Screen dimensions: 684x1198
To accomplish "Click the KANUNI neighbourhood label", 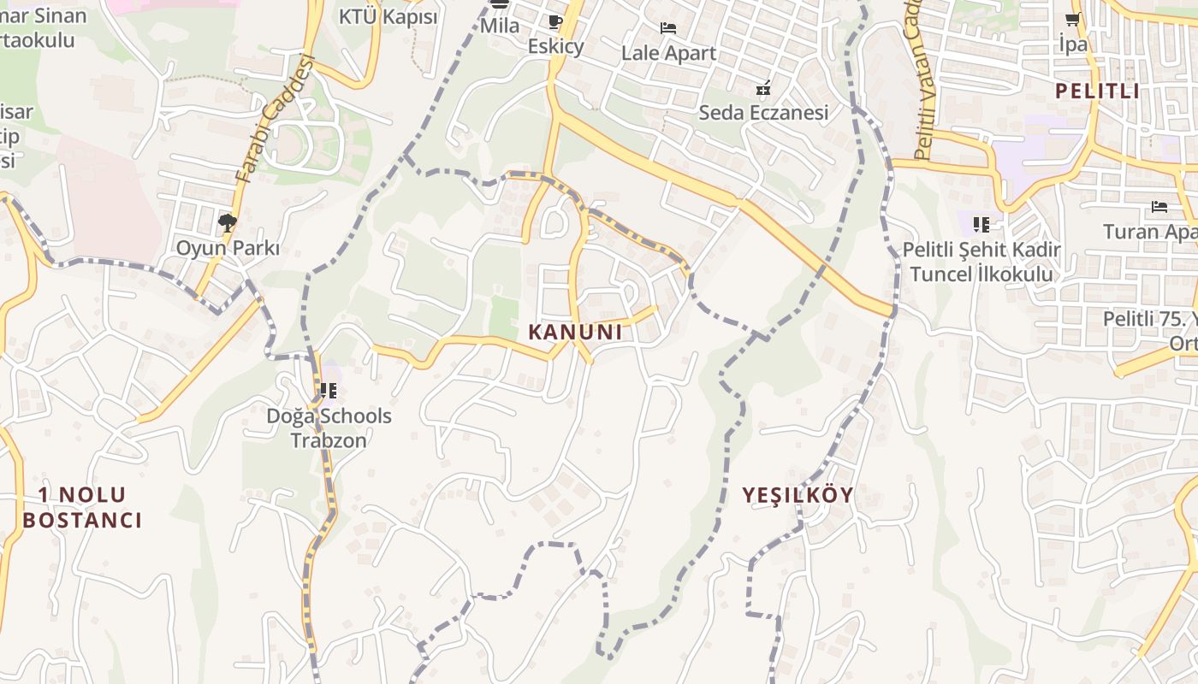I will (575, 333).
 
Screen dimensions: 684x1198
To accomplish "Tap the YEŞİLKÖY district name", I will (798, 495).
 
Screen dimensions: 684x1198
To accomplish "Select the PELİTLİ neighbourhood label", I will (1097, 91).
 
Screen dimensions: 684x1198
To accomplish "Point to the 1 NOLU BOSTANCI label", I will (82, 507).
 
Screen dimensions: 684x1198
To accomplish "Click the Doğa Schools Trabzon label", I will (329, 428).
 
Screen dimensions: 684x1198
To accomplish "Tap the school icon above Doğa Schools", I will (328, 391).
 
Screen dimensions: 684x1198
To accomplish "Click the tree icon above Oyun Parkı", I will (227, 224).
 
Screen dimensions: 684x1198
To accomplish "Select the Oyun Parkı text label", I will (228, 249).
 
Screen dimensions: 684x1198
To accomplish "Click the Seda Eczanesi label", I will (763, 113).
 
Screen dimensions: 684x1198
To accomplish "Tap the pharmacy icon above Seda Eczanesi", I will (763, 87).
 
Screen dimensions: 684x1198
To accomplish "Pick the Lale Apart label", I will (668, 53).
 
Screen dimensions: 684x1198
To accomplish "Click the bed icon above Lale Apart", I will (668, 28).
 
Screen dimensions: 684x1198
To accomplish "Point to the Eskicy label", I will (555, 46).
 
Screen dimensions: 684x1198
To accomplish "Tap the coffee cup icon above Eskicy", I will (555, 21).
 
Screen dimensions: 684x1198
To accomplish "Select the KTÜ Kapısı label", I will (388, 17).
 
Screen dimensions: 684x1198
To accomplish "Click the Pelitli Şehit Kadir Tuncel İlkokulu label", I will (982, 262).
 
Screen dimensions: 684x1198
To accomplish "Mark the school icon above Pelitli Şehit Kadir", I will (981, 225).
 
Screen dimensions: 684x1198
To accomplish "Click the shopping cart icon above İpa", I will (1072, 20).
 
